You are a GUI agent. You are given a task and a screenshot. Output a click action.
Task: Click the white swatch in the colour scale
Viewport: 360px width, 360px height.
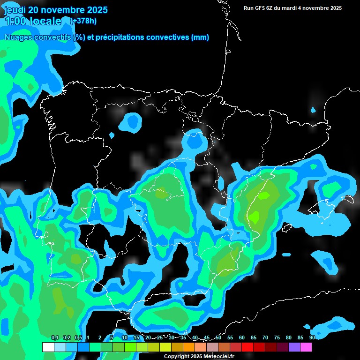[x=48, y=347]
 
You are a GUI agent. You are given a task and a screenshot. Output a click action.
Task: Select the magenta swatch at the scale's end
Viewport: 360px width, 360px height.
[x=306, y=347]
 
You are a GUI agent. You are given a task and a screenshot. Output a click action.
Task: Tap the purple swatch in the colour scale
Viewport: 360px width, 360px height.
[x=294, y=347]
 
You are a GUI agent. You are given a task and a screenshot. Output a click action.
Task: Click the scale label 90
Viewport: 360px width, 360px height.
[x=312, y=337]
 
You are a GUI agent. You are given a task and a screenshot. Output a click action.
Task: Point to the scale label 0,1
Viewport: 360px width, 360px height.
[x=55, y=337]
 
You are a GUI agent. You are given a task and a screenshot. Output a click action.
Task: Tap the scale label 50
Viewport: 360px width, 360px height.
[x=218, y=337]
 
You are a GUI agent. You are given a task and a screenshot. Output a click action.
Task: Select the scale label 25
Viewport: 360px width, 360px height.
[x=160, y=337]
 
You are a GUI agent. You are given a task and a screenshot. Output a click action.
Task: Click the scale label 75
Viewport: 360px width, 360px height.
[x=277, y=337]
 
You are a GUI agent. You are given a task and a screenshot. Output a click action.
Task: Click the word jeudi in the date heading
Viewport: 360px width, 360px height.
[x=15, y=10]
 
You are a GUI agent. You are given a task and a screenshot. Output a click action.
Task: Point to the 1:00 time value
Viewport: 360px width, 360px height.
[x=14, y=21]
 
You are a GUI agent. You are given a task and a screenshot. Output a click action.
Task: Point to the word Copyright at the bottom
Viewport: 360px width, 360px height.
[x=177, y=357]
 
